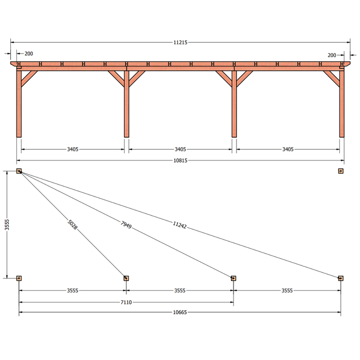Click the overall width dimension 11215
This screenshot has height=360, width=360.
[180, 43]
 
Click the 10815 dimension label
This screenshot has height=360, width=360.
[180, 160]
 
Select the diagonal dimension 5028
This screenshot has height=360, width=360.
[73, 224]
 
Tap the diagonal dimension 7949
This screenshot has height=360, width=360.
[126, 225]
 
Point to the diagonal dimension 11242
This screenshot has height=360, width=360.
[179, 225]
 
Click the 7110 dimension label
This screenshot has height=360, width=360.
[126, 302]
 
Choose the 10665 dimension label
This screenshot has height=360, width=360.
[180, 312]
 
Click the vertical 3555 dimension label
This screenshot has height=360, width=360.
[7, 225]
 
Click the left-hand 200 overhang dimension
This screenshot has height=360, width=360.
[29, 53]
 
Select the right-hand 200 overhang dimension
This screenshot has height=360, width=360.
[332, 56]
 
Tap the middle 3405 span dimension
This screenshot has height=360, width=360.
[180, 150]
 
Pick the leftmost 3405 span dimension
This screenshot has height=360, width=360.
[73, 150]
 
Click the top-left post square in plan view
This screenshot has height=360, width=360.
[19, 171]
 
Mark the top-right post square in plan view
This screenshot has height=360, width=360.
[340, 171]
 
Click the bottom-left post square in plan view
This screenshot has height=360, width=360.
[19, 278]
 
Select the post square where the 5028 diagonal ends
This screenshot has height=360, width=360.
[126, 278]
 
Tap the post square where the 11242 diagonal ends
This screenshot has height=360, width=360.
[340, 278]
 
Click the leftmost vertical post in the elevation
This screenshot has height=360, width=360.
[19, 104]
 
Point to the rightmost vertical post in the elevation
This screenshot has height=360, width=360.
[342, 104]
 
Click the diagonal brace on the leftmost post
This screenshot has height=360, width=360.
[29, 79]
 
